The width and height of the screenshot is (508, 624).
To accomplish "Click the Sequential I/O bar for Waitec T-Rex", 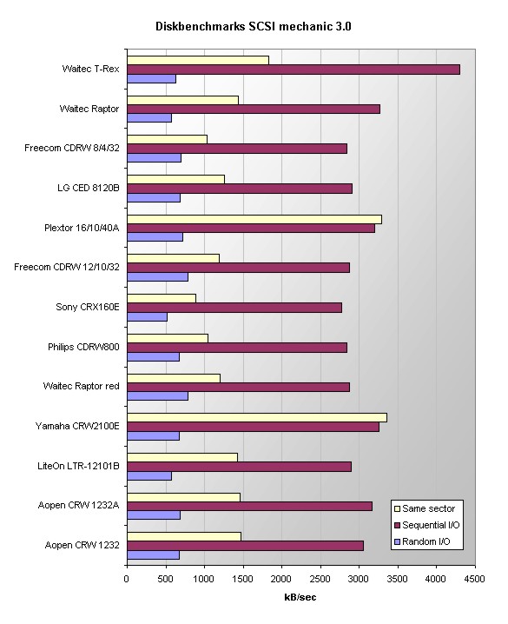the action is pos(294,70).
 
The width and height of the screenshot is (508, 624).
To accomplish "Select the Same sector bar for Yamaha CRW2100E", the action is pos(257,417).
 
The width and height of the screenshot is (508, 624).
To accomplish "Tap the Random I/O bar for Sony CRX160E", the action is pos(147,316).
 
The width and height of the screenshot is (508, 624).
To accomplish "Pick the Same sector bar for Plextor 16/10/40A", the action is pos(254,219).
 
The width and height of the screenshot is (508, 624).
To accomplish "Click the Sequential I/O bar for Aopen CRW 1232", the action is pos(245,546).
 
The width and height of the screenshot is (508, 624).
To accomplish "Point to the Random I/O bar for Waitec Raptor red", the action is pos(157,396).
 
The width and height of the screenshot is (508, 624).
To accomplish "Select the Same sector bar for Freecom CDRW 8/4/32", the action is pos(167,139).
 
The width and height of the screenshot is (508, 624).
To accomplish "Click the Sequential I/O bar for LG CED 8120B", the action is pos(240,189).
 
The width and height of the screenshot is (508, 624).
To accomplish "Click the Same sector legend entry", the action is pos(424,508).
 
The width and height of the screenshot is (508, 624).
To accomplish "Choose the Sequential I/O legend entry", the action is pos(426,525).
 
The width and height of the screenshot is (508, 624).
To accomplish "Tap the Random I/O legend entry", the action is pos(422,541).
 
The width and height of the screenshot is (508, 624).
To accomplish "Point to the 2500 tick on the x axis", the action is pos(320,565).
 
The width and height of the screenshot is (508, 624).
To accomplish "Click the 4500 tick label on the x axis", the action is pos(474,579).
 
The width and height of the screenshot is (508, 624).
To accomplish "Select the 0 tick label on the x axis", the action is pos(127,579).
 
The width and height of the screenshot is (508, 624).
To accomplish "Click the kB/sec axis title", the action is pos(300,597).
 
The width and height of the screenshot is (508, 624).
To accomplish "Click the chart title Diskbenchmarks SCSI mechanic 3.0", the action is pos(254,26).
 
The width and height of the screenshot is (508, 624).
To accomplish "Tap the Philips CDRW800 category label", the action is pos(83,347).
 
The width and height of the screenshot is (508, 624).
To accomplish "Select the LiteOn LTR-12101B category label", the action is pos(78,466).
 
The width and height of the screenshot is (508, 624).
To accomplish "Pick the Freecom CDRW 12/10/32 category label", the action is pos(66,267).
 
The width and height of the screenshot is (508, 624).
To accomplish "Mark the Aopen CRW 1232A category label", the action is pos(78,505).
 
